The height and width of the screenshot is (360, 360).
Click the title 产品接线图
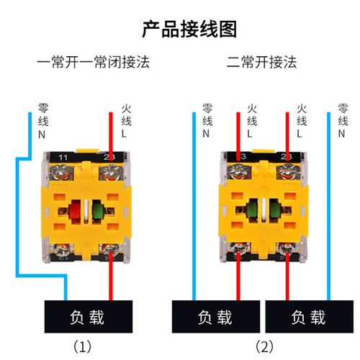(180, 29)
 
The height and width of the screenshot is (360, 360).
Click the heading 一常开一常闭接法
(94, 62)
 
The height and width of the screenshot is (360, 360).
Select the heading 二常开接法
(261, 62)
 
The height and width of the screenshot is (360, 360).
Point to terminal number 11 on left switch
(63, 157)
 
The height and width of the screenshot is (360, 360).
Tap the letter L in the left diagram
(125, 134)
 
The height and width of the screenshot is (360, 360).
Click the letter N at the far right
(341, 134)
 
